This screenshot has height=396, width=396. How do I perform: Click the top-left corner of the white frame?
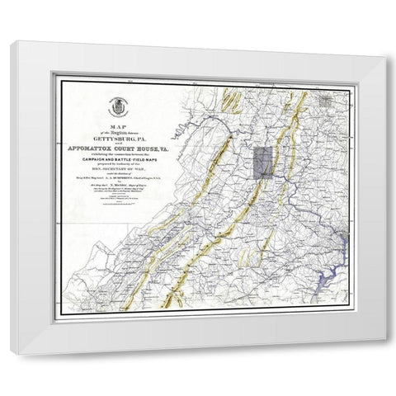click(11, 43)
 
